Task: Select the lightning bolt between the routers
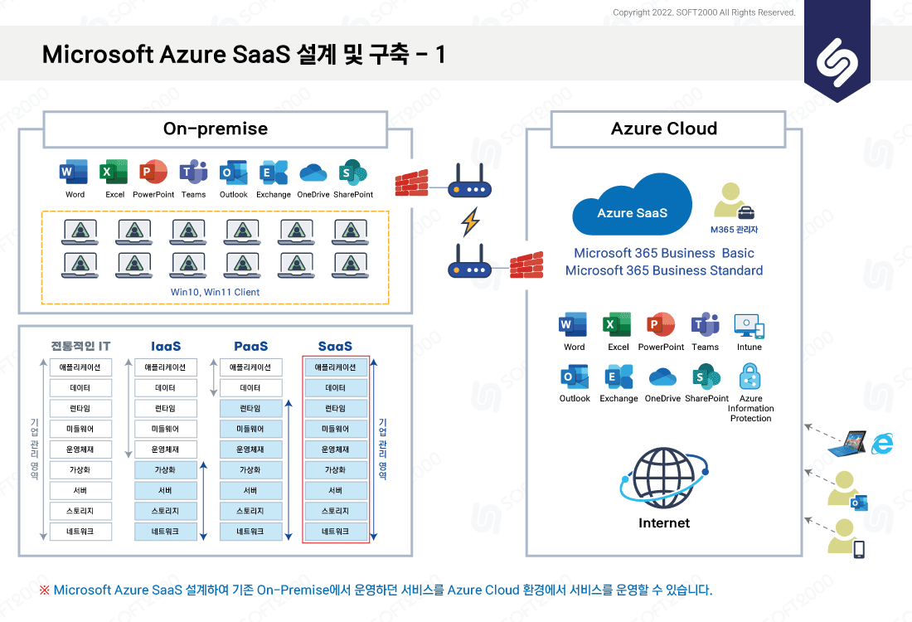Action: point(470,221)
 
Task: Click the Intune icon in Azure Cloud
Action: point(749,326)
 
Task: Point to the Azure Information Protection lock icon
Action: point(750,377)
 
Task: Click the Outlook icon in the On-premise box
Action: point(233,173)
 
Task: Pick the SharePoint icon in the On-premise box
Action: point(353,173)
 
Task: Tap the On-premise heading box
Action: point(216,129)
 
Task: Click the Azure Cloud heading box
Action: point(668,129)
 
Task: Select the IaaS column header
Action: point(166,346)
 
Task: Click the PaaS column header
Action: point(250,346)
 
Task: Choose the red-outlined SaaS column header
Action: point(335,346)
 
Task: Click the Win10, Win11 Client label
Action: point(216,292)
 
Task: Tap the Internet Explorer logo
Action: point(882,444)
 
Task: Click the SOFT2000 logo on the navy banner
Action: point(837,62)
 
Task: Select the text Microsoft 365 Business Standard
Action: point(664,270)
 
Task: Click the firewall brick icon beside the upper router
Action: point(411,183)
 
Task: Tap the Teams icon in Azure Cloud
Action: point(705,324)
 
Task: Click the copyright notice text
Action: point(704,12)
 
